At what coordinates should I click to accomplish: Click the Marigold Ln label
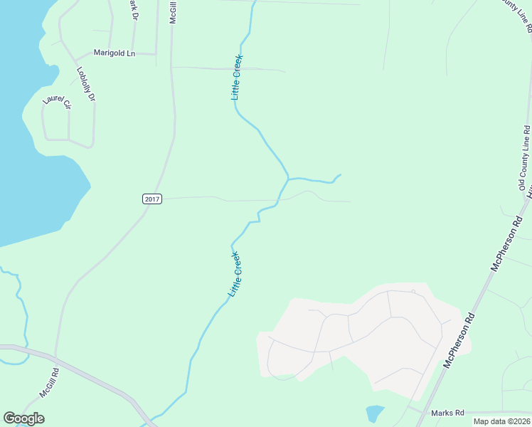click(x=115, y=53)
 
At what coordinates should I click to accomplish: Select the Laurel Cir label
click(x=58, y=101)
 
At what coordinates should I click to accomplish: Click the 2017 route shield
click(x=152, y=199)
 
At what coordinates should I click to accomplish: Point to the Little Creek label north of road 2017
click(x=238, y=77)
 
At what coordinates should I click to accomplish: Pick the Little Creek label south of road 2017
click(x=235, y=274)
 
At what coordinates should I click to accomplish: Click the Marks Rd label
click(x=448, y=413)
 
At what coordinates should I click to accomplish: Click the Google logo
click(x=23, y=418)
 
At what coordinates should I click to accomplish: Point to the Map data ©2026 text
click(x=501, y=421)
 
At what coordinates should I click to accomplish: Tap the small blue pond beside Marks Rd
click(x=374, y=413)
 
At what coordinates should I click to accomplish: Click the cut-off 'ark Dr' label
click(x=133, y=9)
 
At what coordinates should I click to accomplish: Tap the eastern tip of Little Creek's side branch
click(x=340, y=175)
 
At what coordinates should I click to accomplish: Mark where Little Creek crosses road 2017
click(x=280, y=199)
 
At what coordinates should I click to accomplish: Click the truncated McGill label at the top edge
click(x=173, y=12)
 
